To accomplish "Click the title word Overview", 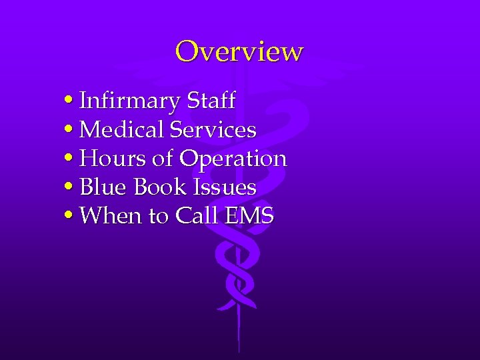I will [239, 51].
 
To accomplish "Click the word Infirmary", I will [129, 101].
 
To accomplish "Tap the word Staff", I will [211, 101].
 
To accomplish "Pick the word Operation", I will [233, 159].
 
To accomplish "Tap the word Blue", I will [103, 187].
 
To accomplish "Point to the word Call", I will [193, 216].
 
